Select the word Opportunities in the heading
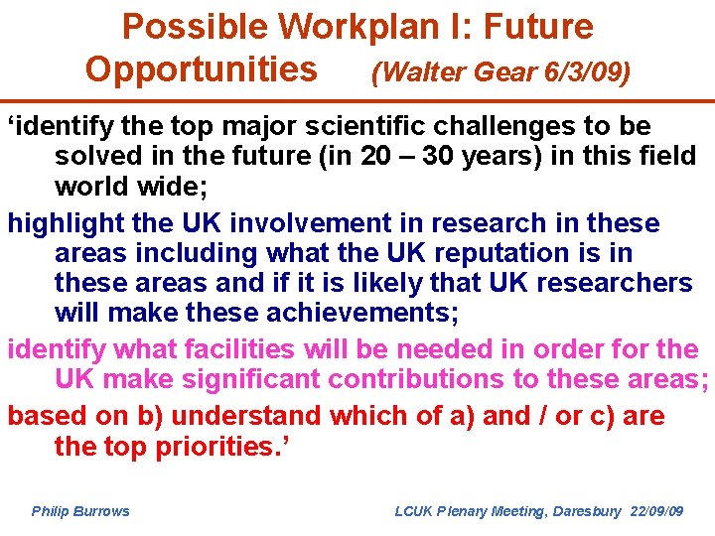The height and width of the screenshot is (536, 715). (x=202, y=69)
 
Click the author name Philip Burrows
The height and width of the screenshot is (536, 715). (x=80, y=511)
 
